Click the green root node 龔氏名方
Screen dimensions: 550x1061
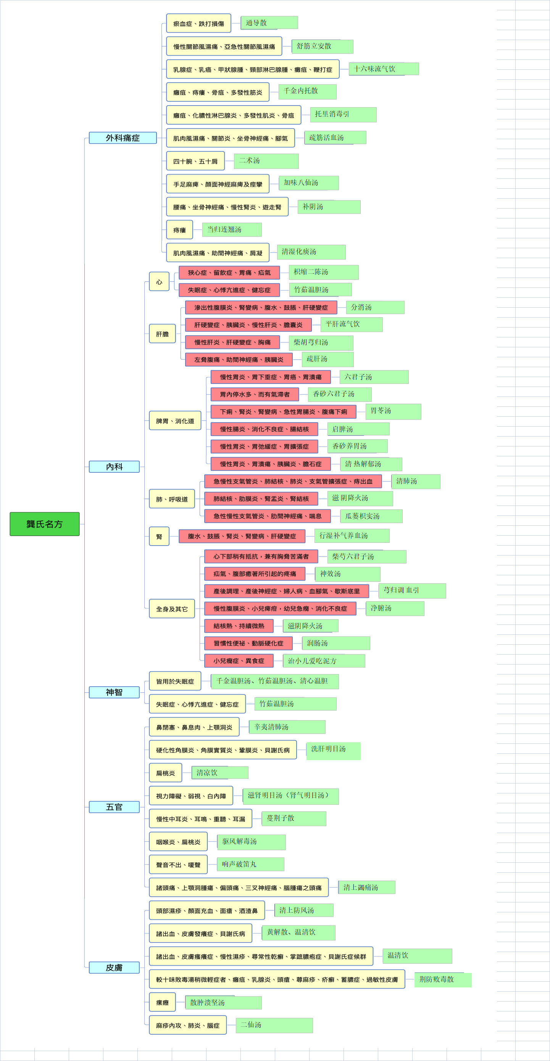pos(45,524)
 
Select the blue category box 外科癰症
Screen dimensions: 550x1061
pos(123,138)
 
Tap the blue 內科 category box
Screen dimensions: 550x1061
pos(114,467)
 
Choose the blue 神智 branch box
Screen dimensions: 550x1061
pos(114,692)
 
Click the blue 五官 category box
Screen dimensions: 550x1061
pos(114,807)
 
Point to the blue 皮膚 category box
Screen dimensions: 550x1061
pos(114,968)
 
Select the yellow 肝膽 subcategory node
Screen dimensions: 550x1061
pos(163,334)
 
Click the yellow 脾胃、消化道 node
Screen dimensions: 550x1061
pos(175,421)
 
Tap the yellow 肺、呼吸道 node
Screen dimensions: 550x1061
pos(172,499)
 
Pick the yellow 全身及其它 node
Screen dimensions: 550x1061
pos(172,609)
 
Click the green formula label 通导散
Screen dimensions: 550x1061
pos(269,22)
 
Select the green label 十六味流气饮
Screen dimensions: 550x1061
pos(384,69)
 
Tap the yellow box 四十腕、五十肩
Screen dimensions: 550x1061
pos(195,161)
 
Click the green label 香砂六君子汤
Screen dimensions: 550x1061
pos(340,394)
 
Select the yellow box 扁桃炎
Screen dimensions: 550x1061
pos(166,773)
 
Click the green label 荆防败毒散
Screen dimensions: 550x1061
pos(443,979)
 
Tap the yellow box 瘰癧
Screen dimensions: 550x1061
pos(163,1002)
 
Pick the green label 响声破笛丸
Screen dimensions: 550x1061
pos(251,864)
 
